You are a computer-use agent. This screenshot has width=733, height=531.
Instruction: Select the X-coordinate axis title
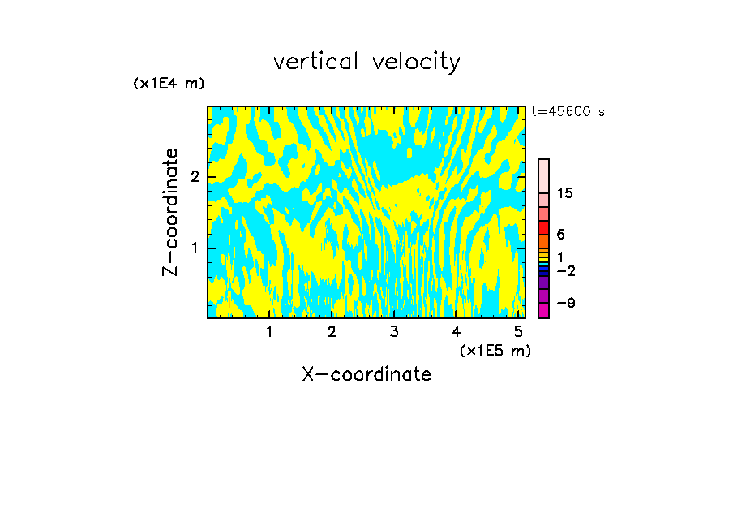pos(366,374)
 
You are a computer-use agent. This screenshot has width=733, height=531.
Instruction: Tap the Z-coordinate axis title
pos(170,212)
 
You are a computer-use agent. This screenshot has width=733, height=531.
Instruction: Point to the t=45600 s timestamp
pos(568,112)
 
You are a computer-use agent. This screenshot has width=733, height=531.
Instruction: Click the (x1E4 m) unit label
pos(169,84)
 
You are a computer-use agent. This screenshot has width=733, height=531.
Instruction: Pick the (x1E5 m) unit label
pos(495,350)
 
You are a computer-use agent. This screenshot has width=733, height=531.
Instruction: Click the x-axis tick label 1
pos(270,331)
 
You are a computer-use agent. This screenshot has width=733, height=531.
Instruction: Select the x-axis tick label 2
pos(332,331)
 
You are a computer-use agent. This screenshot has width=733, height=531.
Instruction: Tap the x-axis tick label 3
pos(394,331)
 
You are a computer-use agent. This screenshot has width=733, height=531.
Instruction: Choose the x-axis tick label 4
pos(457,331)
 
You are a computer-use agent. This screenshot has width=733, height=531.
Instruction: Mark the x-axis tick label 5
pos(518,331)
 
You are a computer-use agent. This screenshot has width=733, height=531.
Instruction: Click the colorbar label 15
pos(565,193)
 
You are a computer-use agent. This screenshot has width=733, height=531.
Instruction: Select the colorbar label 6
pos(560,234)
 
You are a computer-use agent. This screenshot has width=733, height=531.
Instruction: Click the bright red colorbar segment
pos(544,227)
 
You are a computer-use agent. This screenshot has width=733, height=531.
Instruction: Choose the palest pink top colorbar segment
pos(544,175)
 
